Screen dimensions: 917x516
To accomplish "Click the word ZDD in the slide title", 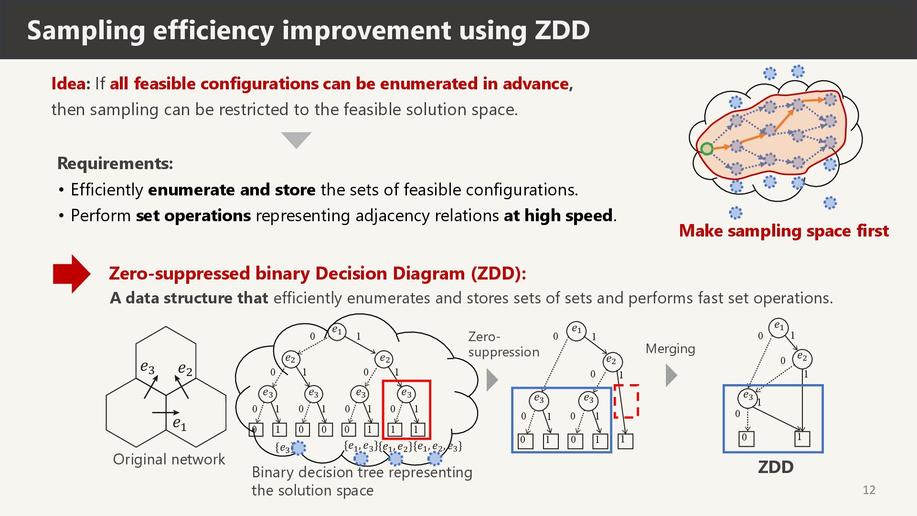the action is [562, 30].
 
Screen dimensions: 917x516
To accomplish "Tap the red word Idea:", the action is [71, 84].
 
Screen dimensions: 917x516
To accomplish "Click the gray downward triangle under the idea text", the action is [296, 140].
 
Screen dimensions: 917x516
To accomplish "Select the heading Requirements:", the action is [115, 163].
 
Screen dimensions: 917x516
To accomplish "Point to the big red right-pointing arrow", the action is [72, 274].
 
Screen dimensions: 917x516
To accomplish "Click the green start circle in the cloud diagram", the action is [707, 149].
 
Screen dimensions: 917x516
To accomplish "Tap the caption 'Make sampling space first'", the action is [784, 231].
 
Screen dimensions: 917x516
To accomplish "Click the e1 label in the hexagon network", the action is [180, 424].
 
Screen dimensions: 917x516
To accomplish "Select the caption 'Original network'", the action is [169, 459].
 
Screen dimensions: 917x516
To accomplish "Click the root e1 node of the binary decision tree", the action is [337, 331].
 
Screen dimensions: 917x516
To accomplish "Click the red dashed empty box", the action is [626, 401].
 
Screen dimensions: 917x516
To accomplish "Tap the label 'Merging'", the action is [670, 349].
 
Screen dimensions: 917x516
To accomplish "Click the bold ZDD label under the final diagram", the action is [776, 467].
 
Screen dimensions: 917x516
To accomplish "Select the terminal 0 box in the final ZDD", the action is [746, 438].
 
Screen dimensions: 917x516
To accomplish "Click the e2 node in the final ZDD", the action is [802, 358].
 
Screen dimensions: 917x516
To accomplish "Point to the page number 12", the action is [869, 490].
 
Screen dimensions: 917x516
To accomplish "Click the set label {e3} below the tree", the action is [284, 448].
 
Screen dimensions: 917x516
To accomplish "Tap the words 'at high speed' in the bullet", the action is [558, 216].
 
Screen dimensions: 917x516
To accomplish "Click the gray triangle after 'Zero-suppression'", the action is [492, 380].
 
